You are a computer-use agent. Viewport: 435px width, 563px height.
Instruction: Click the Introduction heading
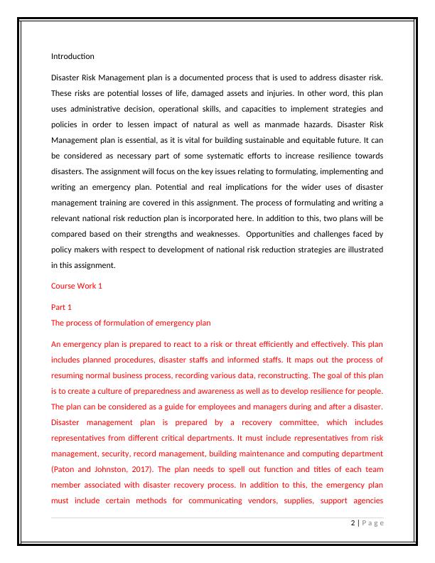pos(72,56)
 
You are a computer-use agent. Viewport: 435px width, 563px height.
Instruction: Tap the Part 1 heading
pos(62,307)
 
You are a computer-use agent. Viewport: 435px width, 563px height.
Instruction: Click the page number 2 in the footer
pos(353,524)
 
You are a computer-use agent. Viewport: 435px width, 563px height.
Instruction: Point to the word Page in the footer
pos(372,524)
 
